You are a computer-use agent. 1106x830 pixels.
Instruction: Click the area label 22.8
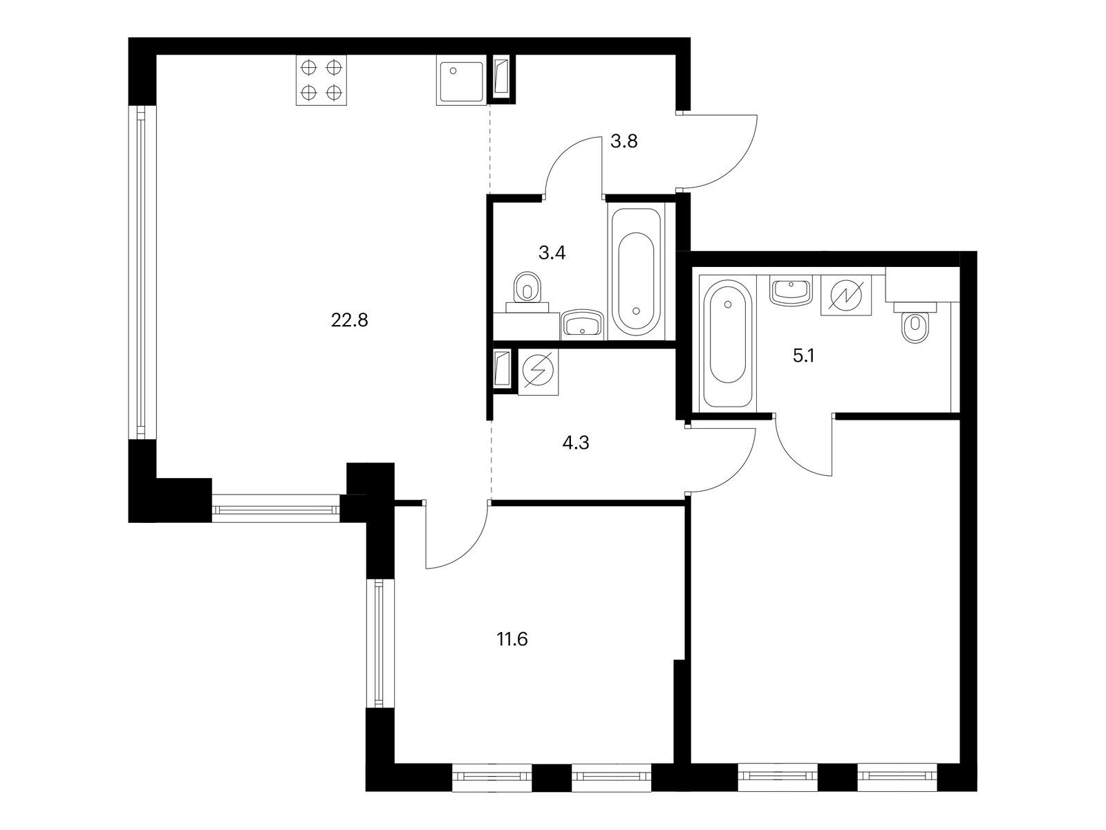pos(349,320)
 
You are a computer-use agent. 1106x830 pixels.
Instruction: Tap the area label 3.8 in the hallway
pos(624,142)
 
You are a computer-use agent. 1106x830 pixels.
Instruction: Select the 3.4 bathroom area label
pos(552,253)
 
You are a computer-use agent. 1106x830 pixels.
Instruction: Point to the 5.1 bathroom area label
pos(804,356)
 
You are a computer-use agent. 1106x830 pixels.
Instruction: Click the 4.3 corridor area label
pos(575,443)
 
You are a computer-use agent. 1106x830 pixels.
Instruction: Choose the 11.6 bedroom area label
pos(512,640)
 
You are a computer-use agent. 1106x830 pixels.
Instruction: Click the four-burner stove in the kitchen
pos(321,80)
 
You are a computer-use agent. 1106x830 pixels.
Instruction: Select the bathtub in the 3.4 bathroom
pos(636,270)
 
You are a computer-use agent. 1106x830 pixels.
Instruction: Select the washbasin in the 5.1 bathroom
pos(791,290)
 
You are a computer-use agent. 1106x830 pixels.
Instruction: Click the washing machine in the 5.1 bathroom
pos(846,295)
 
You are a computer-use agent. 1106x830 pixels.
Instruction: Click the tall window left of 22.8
pos(141,273)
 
